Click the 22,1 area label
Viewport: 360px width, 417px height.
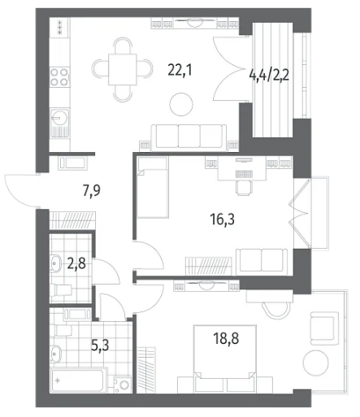coord(180,71)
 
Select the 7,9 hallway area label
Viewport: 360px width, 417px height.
coord(92,190)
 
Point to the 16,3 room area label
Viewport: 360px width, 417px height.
coord(222,219)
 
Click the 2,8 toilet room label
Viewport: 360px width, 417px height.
coord(76,263)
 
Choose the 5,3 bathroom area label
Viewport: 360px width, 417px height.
coord(100,345)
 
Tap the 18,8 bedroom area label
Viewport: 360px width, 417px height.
coord(226,338)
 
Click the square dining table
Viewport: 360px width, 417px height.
coord(123,69)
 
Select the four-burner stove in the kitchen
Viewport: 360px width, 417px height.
coord(59,77)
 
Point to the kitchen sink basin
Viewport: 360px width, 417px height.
coord(60,118)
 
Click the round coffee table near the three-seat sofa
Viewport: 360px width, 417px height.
coord(181,104)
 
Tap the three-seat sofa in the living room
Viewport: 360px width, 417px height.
coord(189,137)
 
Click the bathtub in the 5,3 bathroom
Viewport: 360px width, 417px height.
coord(79,380)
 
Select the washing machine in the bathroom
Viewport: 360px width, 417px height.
coord(123,384)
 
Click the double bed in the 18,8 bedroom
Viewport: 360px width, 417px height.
coord(225,359)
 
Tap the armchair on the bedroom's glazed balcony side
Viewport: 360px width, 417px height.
coord(324,328)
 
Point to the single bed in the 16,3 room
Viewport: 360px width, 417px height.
coord(153,187)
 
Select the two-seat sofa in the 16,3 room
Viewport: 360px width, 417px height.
coord(262,262)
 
